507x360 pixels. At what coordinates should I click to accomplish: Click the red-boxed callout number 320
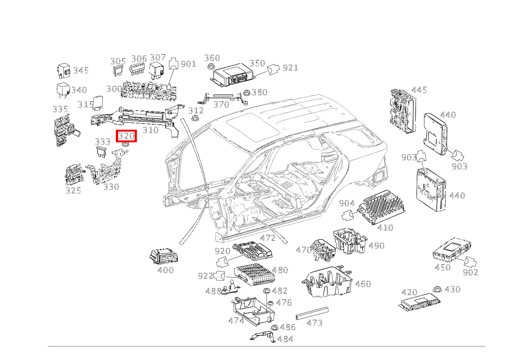coord(126,136)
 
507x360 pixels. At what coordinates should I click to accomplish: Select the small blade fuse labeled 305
coord(117,70)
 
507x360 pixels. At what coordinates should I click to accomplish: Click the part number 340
coord(79,90)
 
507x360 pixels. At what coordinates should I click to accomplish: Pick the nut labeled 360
coord(210,67)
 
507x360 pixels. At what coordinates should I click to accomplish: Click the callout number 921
coord(290,68)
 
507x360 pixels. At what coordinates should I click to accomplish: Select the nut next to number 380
coord(247,93)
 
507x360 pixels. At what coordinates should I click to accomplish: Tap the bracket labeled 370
coord(222,98)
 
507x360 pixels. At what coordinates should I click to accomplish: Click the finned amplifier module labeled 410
coord(382,209)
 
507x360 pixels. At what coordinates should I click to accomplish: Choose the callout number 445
coord(419,90)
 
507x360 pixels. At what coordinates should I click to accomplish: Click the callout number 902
coord(470,272)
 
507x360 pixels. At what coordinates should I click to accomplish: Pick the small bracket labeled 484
coord(264,337)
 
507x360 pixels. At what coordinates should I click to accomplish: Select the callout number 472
coord(268,238)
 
